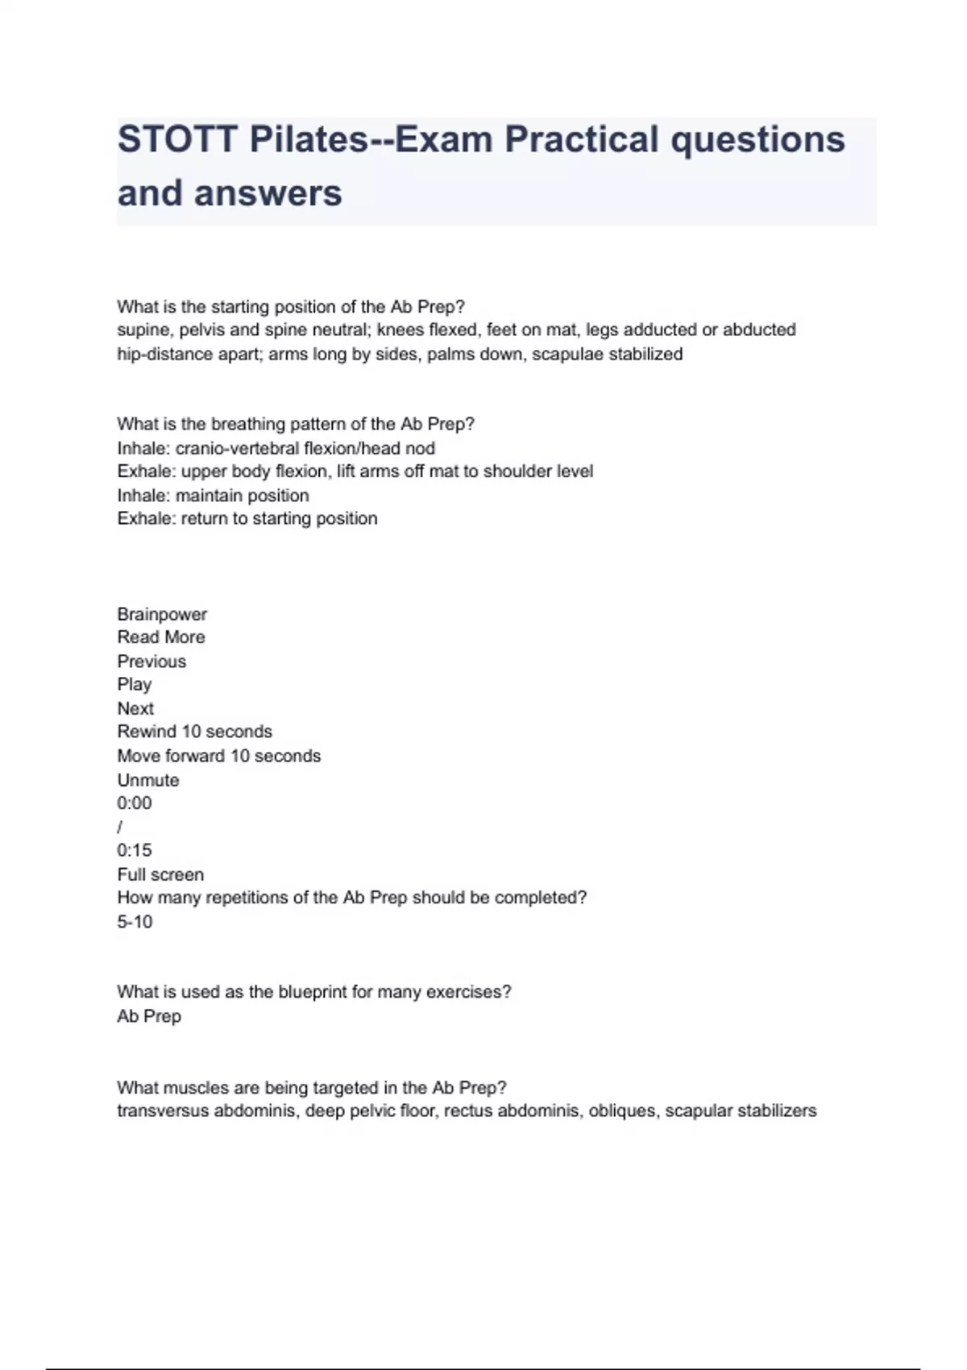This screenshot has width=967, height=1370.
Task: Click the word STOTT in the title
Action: click(178, 139)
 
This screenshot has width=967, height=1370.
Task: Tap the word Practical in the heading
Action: click(579, 139)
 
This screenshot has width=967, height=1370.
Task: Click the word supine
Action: click(143, 330)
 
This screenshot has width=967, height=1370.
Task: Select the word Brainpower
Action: click(162, 614)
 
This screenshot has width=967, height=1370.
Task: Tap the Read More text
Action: click(161, 637)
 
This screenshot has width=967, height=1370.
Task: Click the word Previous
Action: click(151, 662)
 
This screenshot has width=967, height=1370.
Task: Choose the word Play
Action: click(134, 684)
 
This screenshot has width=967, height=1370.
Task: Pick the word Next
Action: click(135, 708)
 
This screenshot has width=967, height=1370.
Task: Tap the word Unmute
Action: click(148, 780)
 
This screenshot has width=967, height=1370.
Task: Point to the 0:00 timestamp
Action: click(134, 803)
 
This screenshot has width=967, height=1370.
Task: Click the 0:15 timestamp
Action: click(134, 850)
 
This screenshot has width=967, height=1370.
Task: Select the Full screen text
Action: click(160, 874)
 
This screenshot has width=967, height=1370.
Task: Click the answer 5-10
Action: click(135, 922)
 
